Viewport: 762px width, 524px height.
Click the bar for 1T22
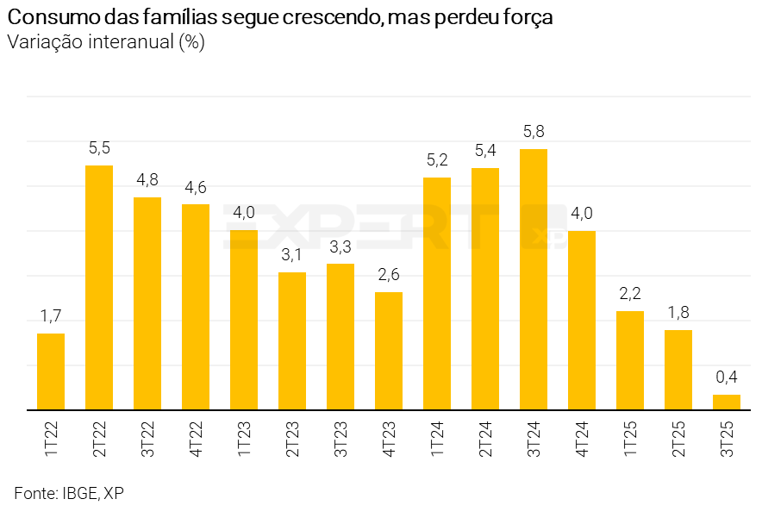click(51, 371)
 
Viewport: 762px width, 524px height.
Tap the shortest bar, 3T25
click(727, 402)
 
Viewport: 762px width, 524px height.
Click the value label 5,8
click(534, 132)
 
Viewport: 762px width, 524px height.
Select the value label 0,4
click(727, 377)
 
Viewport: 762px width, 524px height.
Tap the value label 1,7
click(51, 316)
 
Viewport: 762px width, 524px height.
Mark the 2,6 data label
click(389, 275)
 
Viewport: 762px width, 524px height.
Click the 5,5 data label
click(99, 147)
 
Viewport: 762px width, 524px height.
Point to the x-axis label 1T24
click(437, 439)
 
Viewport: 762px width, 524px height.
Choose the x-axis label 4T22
click(196, 439)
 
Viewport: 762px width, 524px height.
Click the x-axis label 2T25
click(678, 439)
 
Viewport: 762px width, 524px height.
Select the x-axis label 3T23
click(340, 439)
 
